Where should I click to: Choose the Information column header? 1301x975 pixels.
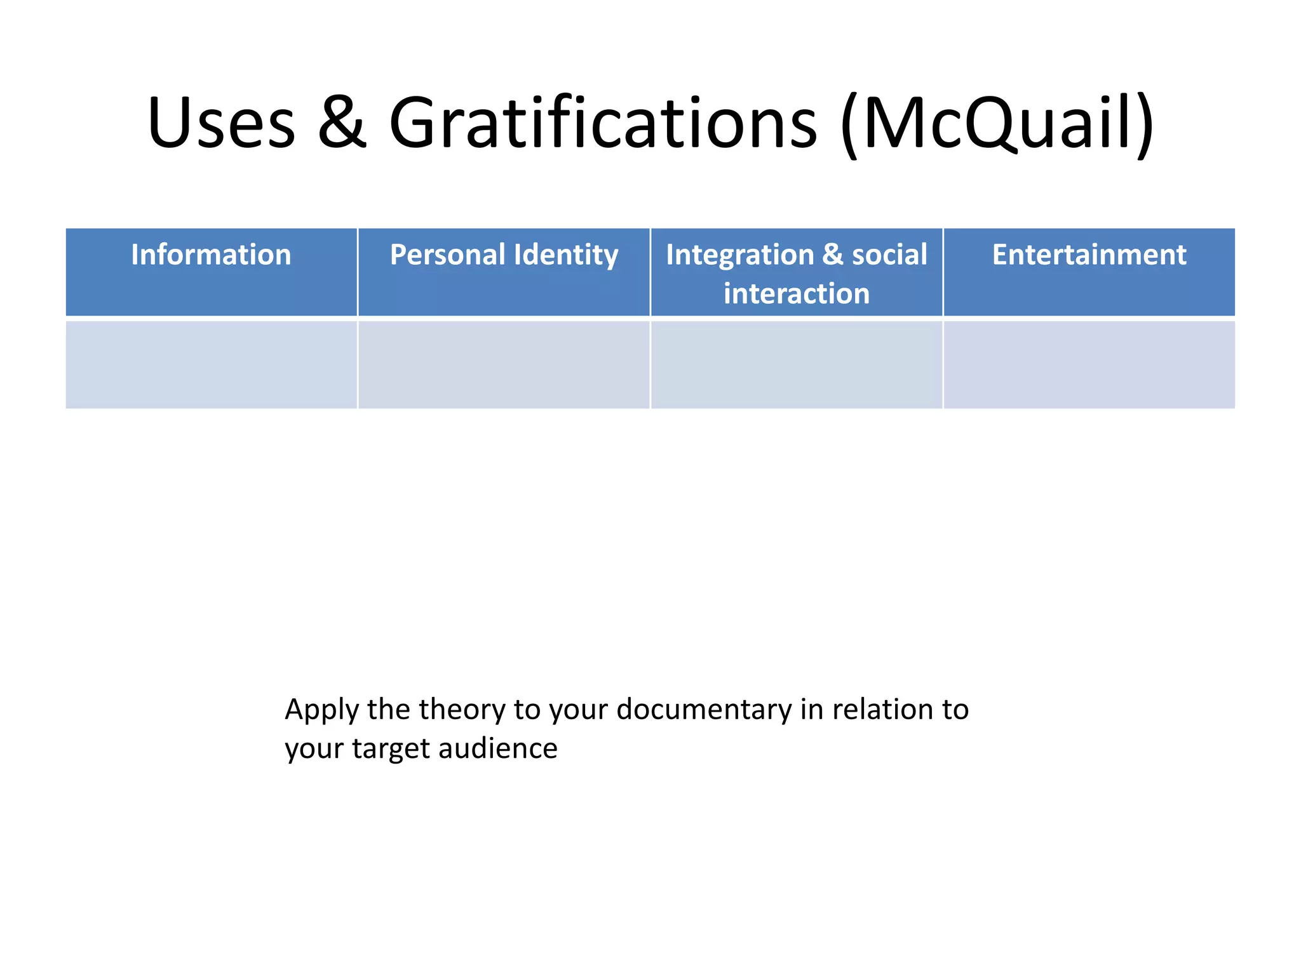click(x=211, y=255)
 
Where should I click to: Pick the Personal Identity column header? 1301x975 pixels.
click(x=504, y=255)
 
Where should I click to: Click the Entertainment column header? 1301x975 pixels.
click(x=1089, y=255)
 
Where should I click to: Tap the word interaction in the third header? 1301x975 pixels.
click(x=797, y=294)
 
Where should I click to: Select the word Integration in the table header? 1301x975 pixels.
click(x=739, y=255)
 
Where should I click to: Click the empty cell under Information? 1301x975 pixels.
click(x=211, y=365)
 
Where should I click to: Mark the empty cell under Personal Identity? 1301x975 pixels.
click(x=504, y=365)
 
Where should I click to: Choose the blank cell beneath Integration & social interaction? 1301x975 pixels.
click(x=797, y=365)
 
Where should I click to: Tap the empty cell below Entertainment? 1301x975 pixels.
click(x=1089, y=365)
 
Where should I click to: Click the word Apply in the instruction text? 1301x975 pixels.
click(x=321, y=710)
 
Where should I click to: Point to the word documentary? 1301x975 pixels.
click(x=703, y=710)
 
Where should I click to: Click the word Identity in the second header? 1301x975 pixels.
click(x=566, y=255)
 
